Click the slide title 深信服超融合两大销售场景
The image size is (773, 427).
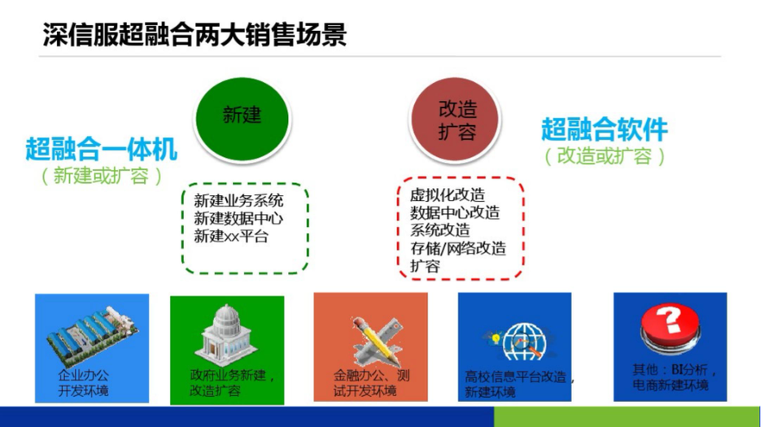pyautogui.click(x=194, y=34)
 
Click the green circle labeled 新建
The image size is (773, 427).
pyautogui.click(x=242, y=119)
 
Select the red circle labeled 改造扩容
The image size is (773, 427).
pyautogui.click(x=456, y=120)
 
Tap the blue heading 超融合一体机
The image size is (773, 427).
pyautogui.click(x=101, y=149)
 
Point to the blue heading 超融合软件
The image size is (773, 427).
pyautogui.click(x=605, y=129)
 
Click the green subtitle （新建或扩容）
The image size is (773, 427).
pyautogui.click(x=101, y=176)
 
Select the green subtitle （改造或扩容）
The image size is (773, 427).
pyautogui.click(x=605, y=156)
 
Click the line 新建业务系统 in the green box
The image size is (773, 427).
pyautogui.click(x=238, y=200)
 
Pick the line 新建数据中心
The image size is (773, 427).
pyautogui.click(x=238, y=218)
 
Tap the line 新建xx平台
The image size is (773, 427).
pyautogui.click(x=231, y=236)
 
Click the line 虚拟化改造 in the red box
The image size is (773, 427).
pyautogui.click(x=448, y=195)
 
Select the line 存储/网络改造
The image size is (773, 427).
pyautogui.click(x=458, y=248)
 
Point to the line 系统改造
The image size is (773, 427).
pyautogui.click(x=439, y=230)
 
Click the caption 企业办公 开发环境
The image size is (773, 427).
pyautogui.click(x=83, y=383)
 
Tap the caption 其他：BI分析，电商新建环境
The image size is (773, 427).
pyautogui.click(x=674, y=377)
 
